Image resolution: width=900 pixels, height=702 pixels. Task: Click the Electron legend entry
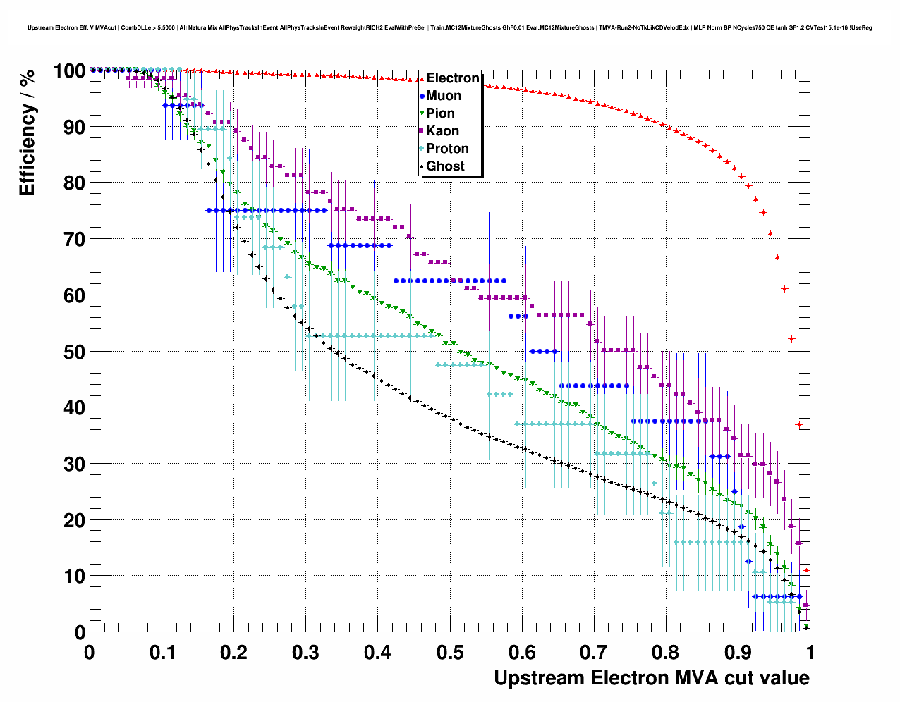(x=452, y=78)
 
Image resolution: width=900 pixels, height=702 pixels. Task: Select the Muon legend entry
(x=444, y=96)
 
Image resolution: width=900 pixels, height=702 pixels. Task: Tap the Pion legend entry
(x=440, y=113)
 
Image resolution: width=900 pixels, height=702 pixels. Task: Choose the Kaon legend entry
(x=442, y=131)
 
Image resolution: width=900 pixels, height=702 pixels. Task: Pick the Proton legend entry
(x=447, y=149)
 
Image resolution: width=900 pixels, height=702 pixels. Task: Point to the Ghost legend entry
(x=445, y=166)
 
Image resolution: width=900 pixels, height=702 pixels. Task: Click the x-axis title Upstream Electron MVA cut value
(x=651, y=678)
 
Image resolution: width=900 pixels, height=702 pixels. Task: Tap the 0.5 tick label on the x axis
(x=450, y=653)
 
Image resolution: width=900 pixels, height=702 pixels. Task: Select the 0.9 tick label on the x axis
(x=738, y=653)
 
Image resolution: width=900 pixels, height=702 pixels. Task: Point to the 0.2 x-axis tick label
(x=233, y=653)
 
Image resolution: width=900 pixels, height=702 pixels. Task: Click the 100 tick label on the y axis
(x=68, y=71)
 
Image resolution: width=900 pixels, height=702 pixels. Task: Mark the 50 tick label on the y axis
(x=73, y=352)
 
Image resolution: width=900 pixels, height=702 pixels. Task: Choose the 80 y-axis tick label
(x=73, y=183)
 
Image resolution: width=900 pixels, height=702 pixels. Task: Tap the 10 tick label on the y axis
(x=73, y=577)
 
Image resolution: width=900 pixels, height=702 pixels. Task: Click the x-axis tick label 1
(x=810, y=653)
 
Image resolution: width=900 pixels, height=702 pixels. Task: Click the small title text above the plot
(x=449, y=28)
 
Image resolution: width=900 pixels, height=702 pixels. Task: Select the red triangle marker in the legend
(x=422, y=78)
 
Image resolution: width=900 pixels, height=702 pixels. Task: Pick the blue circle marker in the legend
(x=422, y=96)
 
